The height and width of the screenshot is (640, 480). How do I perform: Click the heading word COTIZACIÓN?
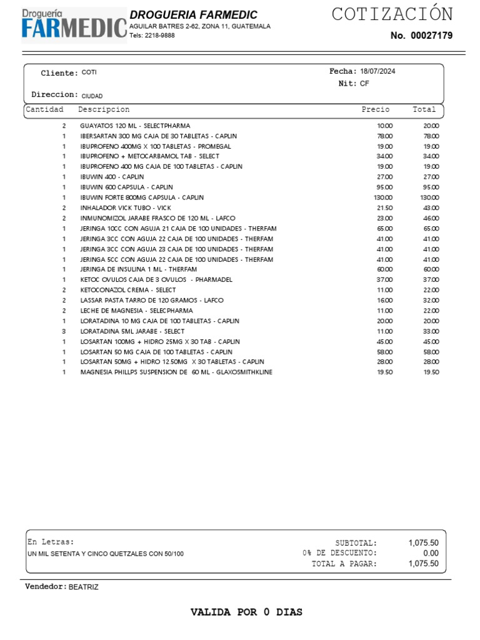(x=392, y=14)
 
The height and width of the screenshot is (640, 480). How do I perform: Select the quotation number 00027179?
(x=431, y=36)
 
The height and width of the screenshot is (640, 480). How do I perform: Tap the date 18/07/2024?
(x=377, y=71)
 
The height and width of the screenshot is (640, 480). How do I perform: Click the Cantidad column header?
(x=44, y=109)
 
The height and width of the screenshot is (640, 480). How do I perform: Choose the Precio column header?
(x=375, y=109)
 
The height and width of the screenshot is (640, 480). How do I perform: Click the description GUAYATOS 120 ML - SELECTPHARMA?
(x=135, y=126)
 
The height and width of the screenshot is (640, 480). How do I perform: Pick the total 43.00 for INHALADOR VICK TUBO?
(x=431, y=207)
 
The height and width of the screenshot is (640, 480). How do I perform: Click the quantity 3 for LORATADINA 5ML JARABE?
(x=64, y=331)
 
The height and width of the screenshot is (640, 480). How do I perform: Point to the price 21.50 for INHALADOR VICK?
(x=384, y=207)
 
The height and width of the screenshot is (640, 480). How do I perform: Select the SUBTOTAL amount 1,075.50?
(x=423, y=543)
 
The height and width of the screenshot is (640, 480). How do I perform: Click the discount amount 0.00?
(x=431, y=553)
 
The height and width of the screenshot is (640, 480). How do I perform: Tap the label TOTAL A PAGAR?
(x=344, y=564)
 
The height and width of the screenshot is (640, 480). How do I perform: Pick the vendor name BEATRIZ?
(x=83, y=587)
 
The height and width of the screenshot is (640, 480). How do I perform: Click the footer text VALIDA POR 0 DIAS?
(x=246, y=612)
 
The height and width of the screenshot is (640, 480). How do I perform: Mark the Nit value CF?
(x=364, y=83)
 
